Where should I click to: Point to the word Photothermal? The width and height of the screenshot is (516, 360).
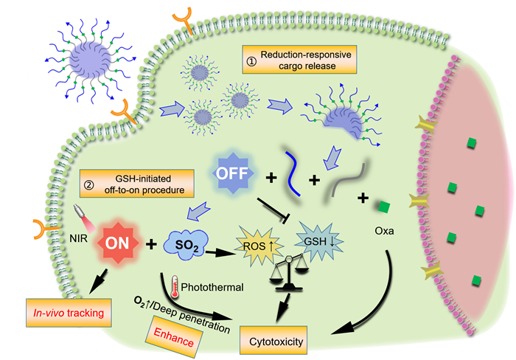point(203,285)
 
